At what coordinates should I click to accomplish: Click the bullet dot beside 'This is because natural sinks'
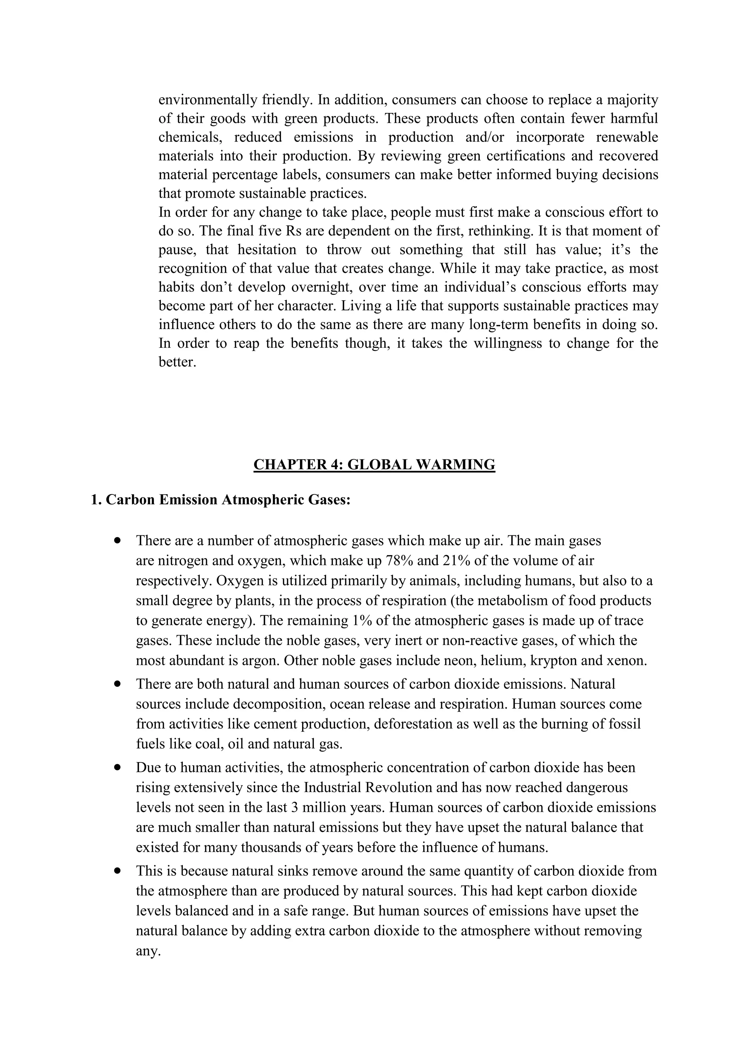[x=118, y=871]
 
